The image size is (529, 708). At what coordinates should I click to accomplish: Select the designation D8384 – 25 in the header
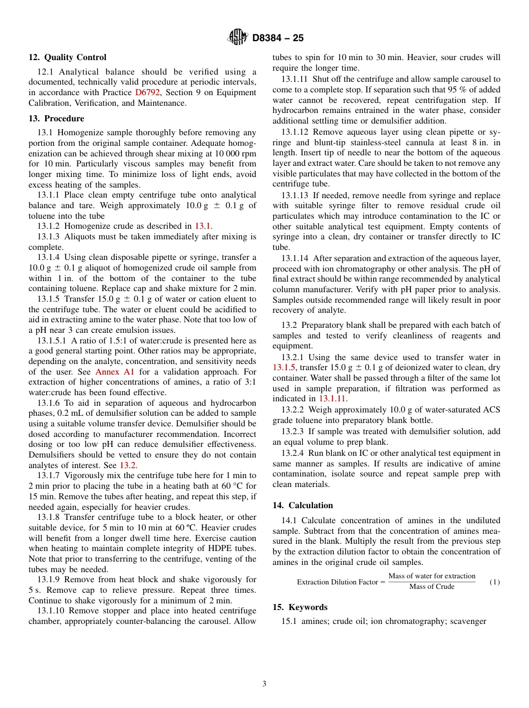(278, 38)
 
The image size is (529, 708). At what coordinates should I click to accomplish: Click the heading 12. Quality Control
(67, 57)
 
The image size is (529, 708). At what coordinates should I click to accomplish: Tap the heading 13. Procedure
(56, 119)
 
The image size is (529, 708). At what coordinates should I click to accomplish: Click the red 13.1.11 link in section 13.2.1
(332, 399)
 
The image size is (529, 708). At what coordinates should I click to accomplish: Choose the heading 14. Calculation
(303, 505)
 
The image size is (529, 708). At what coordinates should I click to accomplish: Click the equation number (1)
(494, 582)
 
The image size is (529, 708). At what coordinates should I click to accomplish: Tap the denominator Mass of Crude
(432, 587)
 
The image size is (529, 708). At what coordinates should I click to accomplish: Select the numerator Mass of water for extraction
(432, 576)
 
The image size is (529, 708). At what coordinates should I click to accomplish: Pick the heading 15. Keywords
(300, 607)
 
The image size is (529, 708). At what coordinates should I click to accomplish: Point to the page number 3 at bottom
(264, 684)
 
